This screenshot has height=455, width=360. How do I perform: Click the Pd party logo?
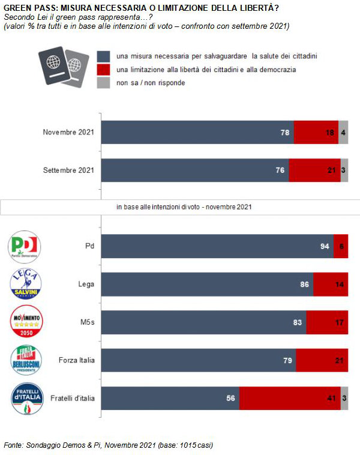point(25,246)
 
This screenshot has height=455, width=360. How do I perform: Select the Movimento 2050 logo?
point(26,322)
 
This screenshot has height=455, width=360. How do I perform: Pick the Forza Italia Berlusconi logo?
point(26,360)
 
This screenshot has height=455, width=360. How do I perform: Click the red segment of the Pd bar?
point(341,246)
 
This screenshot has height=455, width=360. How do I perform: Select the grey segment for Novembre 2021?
point(343,132)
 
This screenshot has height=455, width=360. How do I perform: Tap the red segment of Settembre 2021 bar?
point(314,170)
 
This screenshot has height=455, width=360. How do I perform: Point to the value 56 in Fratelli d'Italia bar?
point(230,398)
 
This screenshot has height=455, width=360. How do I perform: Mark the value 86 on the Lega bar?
point(305,285)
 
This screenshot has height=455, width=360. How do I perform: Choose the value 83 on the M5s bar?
point(298,322)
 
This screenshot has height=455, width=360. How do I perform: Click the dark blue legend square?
point(103,56)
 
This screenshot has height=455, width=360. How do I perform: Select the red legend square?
point(103,70)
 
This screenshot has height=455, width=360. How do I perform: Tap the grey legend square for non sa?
point(103,83)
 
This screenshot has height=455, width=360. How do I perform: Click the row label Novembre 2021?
point(69,132)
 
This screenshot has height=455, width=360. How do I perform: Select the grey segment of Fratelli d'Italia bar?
point(344,397)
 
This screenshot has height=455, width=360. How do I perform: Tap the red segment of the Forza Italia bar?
point(322,360)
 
